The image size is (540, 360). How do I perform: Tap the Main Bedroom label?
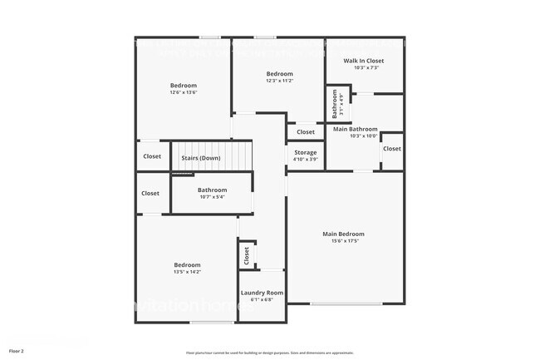343,234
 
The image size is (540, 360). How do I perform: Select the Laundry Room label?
262,293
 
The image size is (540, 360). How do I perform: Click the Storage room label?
305,152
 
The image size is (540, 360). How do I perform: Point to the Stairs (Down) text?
201,158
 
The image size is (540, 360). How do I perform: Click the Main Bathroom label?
356,130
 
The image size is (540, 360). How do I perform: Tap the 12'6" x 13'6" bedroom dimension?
184,93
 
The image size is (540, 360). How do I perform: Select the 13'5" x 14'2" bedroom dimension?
187,272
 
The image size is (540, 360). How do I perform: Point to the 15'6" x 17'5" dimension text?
343,242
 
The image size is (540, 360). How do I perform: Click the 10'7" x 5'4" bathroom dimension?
212,198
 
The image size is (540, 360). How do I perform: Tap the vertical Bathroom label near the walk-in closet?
335,105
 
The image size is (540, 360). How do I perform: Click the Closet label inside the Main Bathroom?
391,149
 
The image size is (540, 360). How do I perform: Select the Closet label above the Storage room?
306,132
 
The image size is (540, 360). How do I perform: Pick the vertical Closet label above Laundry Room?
247,256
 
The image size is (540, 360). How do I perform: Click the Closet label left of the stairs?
152,156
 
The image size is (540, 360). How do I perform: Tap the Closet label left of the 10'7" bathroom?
150,193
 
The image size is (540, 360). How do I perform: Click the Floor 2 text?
17,352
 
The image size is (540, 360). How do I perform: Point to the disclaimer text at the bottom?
269,353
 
